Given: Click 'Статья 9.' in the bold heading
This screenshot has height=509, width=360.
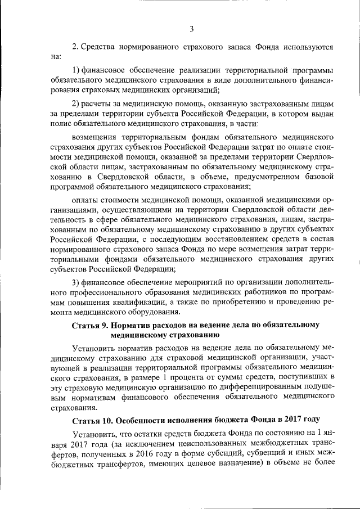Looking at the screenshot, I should pyautogui.click(x=90, y=325).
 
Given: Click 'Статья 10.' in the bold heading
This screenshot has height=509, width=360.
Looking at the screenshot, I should pyautogui.click(x=92, y=420).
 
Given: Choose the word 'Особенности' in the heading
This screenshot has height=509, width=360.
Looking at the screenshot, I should pyautogui.click(x=144, y=420).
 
